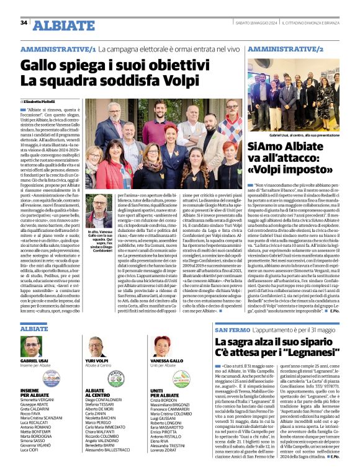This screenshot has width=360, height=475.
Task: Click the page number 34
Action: [x=24, y=23]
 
